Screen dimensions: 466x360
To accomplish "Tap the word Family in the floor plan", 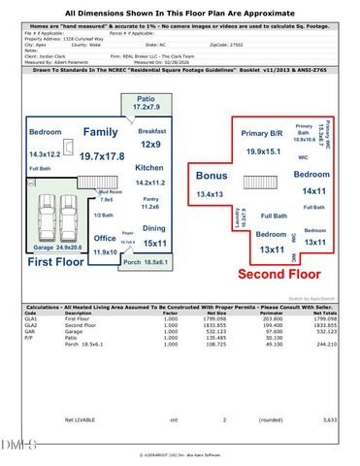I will [101, 131].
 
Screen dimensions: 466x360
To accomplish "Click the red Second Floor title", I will [281, 274].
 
